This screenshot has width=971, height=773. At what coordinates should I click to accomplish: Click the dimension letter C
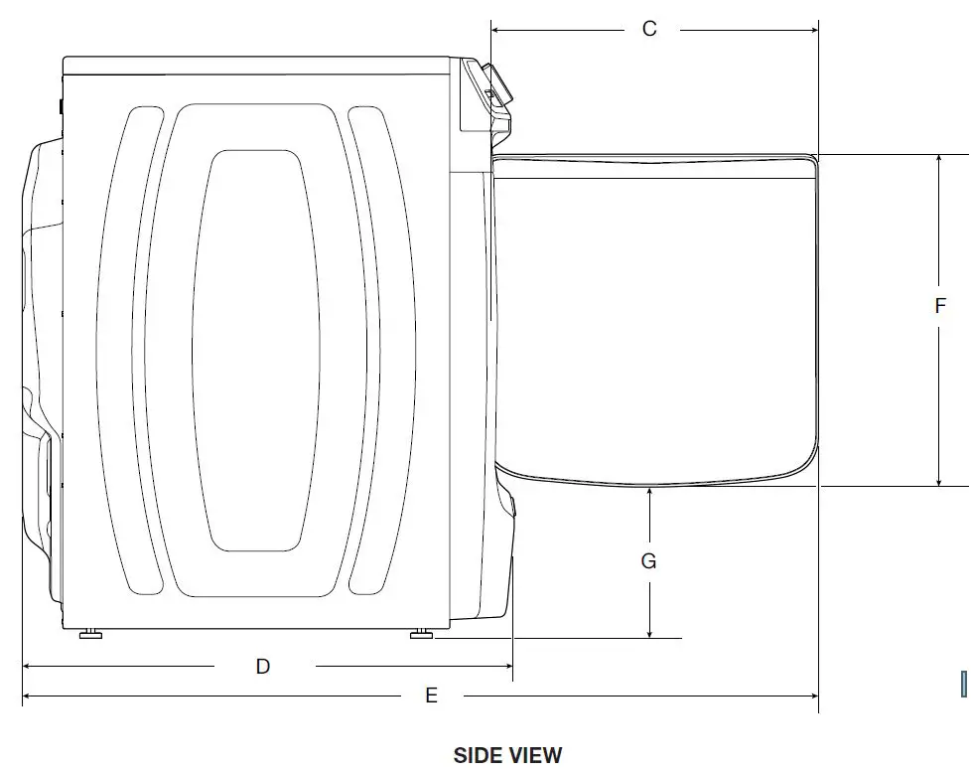click(649, 29)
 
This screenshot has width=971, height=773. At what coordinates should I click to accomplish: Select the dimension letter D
click(263, 667)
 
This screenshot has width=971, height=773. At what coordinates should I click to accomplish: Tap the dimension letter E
click(431, 696)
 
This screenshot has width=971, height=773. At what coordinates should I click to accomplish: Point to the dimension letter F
click(940, 306)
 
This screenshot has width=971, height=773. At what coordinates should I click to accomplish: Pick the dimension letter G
click(648, 561)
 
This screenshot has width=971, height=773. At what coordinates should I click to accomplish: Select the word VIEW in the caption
click(536, 755)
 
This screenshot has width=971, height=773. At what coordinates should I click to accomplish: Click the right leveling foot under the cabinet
click(422, 633)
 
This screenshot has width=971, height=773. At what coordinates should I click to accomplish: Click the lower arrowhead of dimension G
click(648, 632)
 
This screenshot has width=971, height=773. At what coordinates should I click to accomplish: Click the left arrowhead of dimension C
click(496, 30)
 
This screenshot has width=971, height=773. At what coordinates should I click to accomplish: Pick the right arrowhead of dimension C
click(813, 30)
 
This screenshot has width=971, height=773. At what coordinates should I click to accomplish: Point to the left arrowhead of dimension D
click(28, 667)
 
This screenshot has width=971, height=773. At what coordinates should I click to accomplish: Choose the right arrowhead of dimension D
click(507, 667)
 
